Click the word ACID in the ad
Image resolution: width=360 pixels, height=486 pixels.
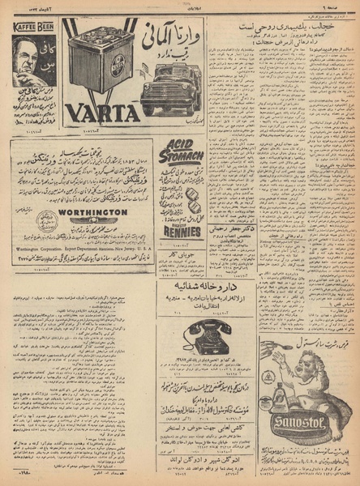pos(178,143)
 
